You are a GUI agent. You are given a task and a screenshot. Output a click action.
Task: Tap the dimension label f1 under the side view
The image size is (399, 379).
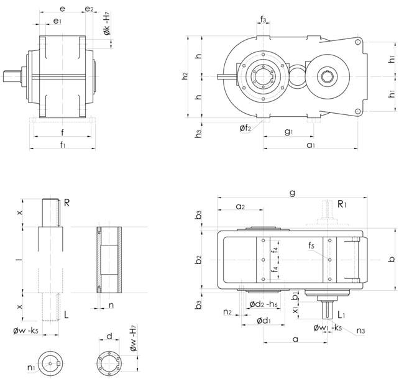click(x=62, y=145)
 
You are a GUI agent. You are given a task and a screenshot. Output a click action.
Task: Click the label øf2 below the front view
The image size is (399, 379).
click(x=246, y=128)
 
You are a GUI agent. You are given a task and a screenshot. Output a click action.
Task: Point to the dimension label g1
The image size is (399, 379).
click(x=288, y=132)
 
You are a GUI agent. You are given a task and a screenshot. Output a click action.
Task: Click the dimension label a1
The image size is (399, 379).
click(x=311, y=144)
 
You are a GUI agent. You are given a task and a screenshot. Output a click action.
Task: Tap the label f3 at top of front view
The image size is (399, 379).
click(x=264, y=21)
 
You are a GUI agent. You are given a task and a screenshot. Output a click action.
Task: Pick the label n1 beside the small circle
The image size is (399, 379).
click(x=31, y=367)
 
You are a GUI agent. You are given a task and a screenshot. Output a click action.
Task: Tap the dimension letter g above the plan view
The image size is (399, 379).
click(x=292, y=193)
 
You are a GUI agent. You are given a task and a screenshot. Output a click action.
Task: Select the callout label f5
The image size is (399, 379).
click(x=310, y=246)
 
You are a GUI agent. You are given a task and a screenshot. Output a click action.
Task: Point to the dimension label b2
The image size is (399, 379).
click(x=198, y=258)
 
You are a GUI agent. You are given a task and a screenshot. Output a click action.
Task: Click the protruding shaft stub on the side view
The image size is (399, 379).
click(x=12, y=76)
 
